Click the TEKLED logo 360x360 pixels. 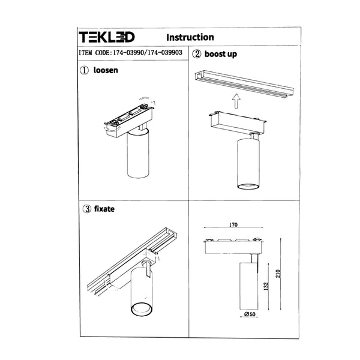(x=107, y=37)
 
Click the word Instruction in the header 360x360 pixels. (x=190, y=37)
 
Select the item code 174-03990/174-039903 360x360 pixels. (x=148, y=53)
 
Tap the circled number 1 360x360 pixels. (x=84, y=70)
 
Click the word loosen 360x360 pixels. (x=106, y=70)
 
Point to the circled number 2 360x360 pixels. (x=197, y=54)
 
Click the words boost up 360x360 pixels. (x=221, y=54)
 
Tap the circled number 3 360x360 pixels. (x=87, y=209)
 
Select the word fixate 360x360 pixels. (x=104, y=209)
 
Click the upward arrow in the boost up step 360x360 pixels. (x=236, y=101)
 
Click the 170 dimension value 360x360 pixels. (x=233, y=224)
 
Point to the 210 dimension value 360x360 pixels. (x=278, y=274)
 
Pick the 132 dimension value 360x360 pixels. (x=266, y=286)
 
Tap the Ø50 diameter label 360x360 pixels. (x=250, y=314)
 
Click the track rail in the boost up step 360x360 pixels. (x=244, y=85)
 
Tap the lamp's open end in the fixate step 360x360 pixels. (x=141, y=309)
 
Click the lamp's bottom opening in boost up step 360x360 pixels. (x=248, y=187)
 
